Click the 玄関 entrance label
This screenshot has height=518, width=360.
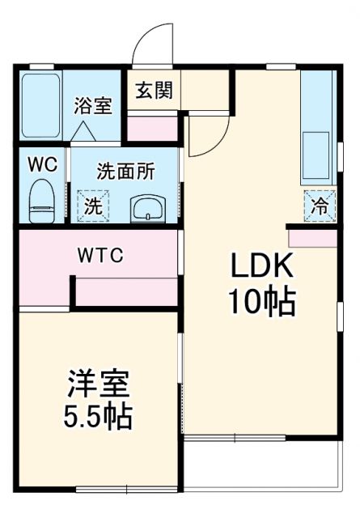(153, 90)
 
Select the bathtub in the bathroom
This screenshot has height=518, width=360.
(39, 105)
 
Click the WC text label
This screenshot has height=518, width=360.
(41, 164)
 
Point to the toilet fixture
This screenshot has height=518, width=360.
(40, 199)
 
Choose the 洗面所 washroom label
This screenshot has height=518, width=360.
(125, 172)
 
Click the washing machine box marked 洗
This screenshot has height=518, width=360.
(94, 206)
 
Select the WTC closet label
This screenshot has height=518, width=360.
(100, 256)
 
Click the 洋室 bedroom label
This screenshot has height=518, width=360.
(99, 381)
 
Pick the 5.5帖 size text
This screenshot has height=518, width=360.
(99, 417)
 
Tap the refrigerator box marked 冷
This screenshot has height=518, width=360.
(320, 205)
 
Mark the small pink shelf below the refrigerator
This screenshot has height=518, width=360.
(311, 238)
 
